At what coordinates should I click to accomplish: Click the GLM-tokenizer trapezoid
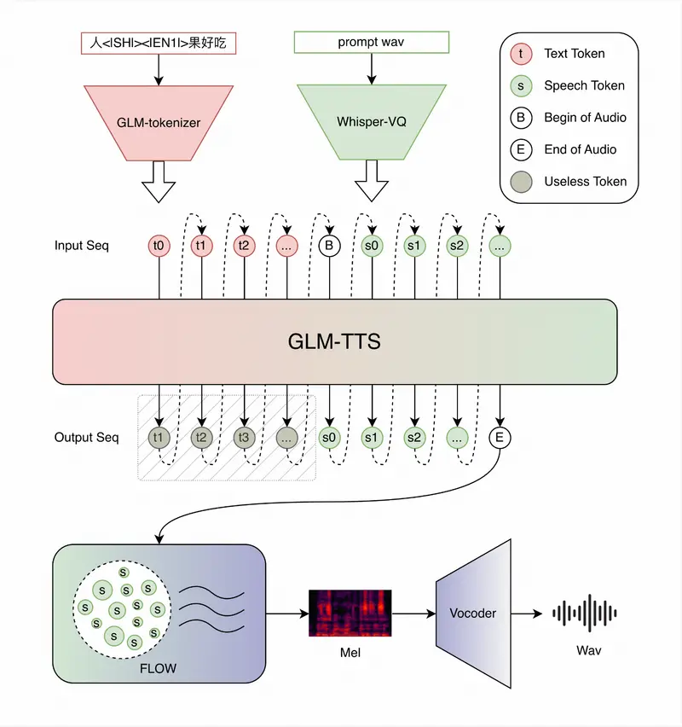pos(159,122)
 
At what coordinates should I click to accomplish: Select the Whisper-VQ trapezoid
pos(371,122)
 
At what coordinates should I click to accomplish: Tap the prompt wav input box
pos(371,42)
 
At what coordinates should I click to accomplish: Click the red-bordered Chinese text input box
pos(159,43)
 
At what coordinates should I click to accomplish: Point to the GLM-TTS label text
pos(333,341)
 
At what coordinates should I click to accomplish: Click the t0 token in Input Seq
pos(159,246)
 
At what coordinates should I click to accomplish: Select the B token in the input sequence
pos(329,246)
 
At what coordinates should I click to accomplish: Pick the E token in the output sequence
pos(500,438)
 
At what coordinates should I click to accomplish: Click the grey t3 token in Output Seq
pos(245,438)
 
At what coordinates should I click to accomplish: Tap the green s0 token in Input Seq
pos(372,246)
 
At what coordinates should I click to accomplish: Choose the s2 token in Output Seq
pos(414,438)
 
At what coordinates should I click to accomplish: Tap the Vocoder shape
pos(472,613)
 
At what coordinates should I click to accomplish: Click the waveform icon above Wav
pos(585,613)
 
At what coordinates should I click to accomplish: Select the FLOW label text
pos(159,667)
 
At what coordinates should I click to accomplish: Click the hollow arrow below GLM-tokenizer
pos(159,180)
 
